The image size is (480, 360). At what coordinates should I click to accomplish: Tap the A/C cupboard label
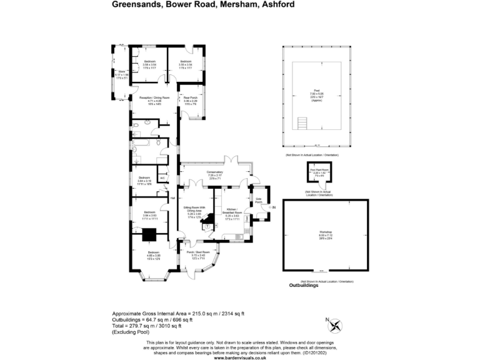[162, 178]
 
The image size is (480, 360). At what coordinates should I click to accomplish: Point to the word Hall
[173, 198]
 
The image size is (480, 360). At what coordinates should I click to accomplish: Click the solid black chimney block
[149, 234]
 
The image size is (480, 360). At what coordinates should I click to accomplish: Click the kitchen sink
[239, 237]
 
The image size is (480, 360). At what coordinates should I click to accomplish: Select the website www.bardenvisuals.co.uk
[241, 357]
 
